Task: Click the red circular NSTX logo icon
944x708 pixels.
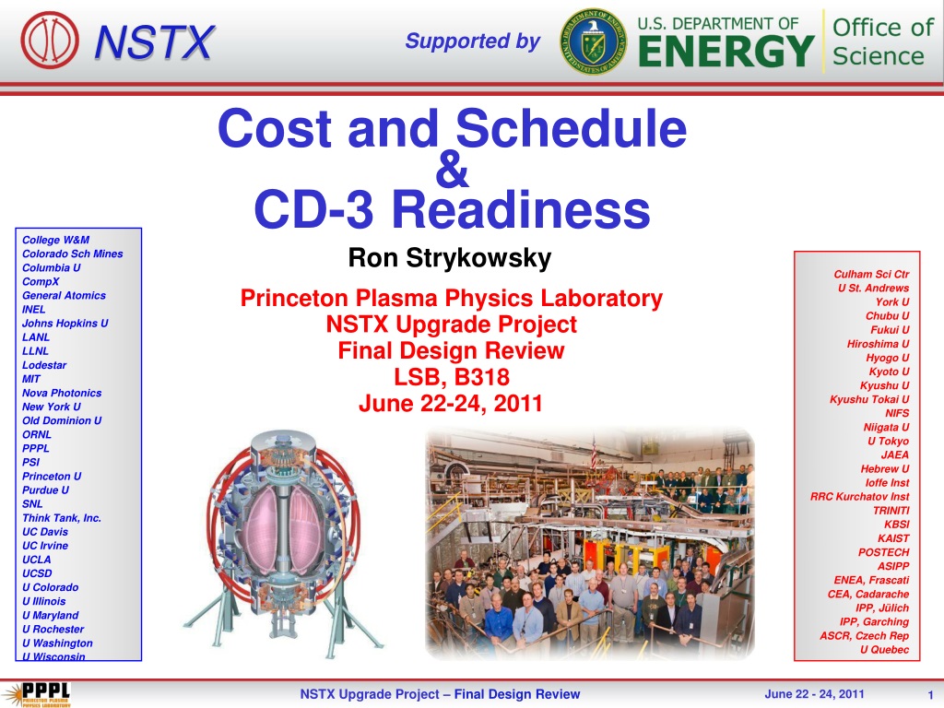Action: coord(50,41)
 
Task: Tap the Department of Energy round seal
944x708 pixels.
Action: coord(593,41)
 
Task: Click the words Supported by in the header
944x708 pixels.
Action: coord(473,41)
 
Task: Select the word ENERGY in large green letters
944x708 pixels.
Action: coord(726,52)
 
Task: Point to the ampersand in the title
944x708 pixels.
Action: coord(452,170)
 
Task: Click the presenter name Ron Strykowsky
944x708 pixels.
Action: coord(450,258)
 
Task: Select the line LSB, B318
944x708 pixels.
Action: coord(452,377)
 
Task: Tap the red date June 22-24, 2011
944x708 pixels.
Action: coord(451,404)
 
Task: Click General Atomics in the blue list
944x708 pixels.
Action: coord(64,296)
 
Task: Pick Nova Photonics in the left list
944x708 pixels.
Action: coord(62,393)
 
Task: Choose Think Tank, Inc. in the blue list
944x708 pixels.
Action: coord(62,518)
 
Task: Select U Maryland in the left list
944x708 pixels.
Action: coord(51,615)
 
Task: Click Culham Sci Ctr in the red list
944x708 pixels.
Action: coord(871,275)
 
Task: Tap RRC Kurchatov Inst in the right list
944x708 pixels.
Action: coord(860,497)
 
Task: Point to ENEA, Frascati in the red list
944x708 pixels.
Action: coord(871,581)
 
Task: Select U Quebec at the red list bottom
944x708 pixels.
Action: coord(884,650)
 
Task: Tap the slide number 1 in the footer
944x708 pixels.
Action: coord(930,695)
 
